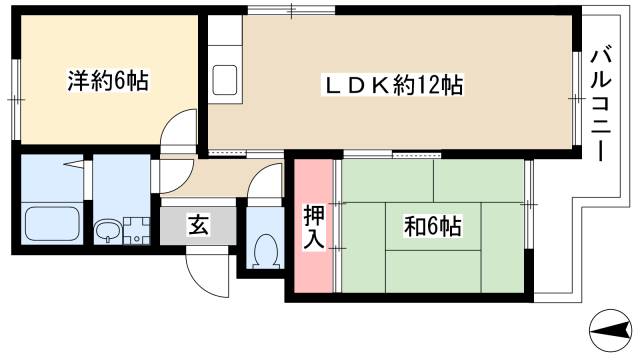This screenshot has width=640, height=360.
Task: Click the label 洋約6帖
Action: click(108, 81)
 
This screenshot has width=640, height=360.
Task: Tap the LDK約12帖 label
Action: click(393, 85)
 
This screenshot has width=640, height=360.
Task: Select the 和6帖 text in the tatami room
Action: click(433, 227)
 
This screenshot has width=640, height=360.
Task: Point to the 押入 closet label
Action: click(314, 227)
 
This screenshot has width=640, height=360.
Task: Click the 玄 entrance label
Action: click(198, 225)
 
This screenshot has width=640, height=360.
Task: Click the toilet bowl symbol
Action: click(266, 251)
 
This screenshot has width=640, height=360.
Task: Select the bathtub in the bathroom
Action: click(52, 224)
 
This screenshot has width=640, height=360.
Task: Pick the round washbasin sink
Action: click(108, 231)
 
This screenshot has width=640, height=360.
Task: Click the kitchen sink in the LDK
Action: click(224, 80)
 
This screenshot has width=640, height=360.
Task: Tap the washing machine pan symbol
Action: click(137, 231)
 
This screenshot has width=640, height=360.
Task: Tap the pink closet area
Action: click(313, 226)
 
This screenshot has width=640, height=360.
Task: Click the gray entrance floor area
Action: click(198, 226)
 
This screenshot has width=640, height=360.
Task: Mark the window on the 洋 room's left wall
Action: click(16, 100)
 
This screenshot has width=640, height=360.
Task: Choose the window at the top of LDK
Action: click(291, 10)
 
